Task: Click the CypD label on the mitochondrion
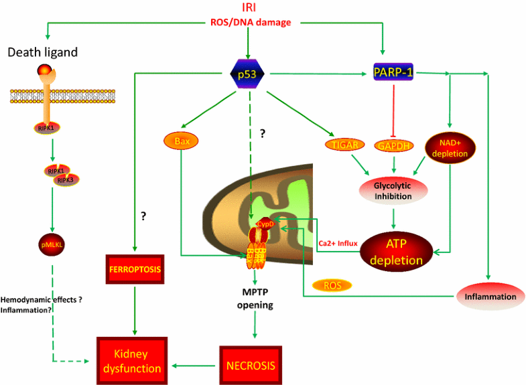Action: tap(257, 224)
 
